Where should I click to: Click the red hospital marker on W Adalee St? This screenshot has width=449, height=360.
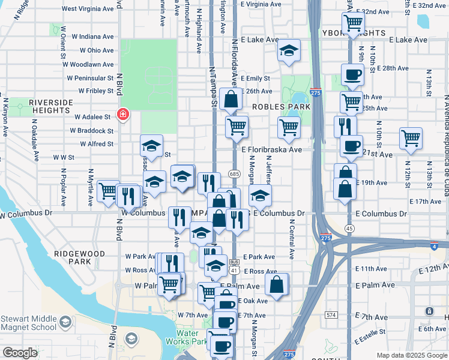point(122,114)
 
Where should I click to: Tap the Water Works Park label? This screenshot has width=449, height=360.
point(190,338)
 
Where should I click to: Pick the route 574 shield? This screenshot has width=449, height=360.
point(331,314)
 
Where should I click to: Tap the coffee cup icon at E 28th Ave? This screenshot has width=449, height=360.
point(352,74)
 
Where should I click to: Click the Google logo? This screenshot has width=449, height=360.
point(20,353)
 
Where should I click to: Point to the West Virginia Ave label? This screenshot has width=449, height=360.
point(88,9)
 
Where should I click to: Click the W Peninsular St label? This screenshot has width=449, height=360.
point(90,78)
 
